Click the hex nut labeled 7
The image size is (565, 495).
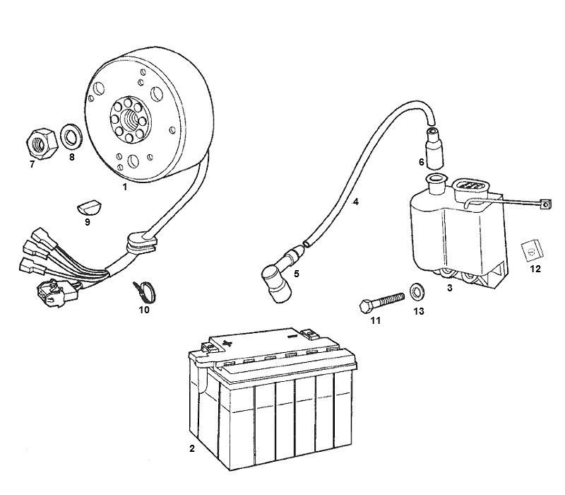[x=41, y=144]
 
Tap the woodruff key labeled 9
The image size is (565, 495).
[x=86, y=207]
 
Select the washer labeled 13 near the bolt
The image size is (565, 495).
[x=417, y=291]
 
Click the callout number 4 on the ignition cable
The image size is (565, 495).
[x=356, y=202]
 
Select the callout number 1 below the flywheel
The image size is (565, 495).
[x=124, y=187]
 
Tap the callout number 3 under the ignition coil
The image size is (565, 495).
[x=449, y=288]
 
